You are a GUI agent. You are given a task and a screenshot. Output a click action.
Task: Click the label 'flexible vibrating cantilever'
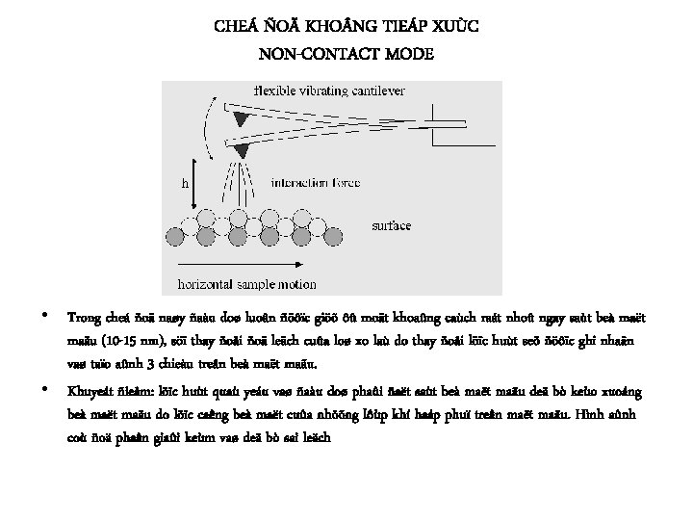[328, 91]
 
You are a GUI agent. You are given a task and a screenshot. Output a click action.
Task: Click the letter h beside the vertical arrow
[186, 181]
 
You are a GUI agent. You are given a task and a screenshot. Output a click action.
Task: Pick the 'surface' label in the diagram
[392, 225]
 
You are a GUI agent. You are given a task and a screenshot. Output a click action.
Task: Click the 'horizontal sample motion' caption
[245, 284]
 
